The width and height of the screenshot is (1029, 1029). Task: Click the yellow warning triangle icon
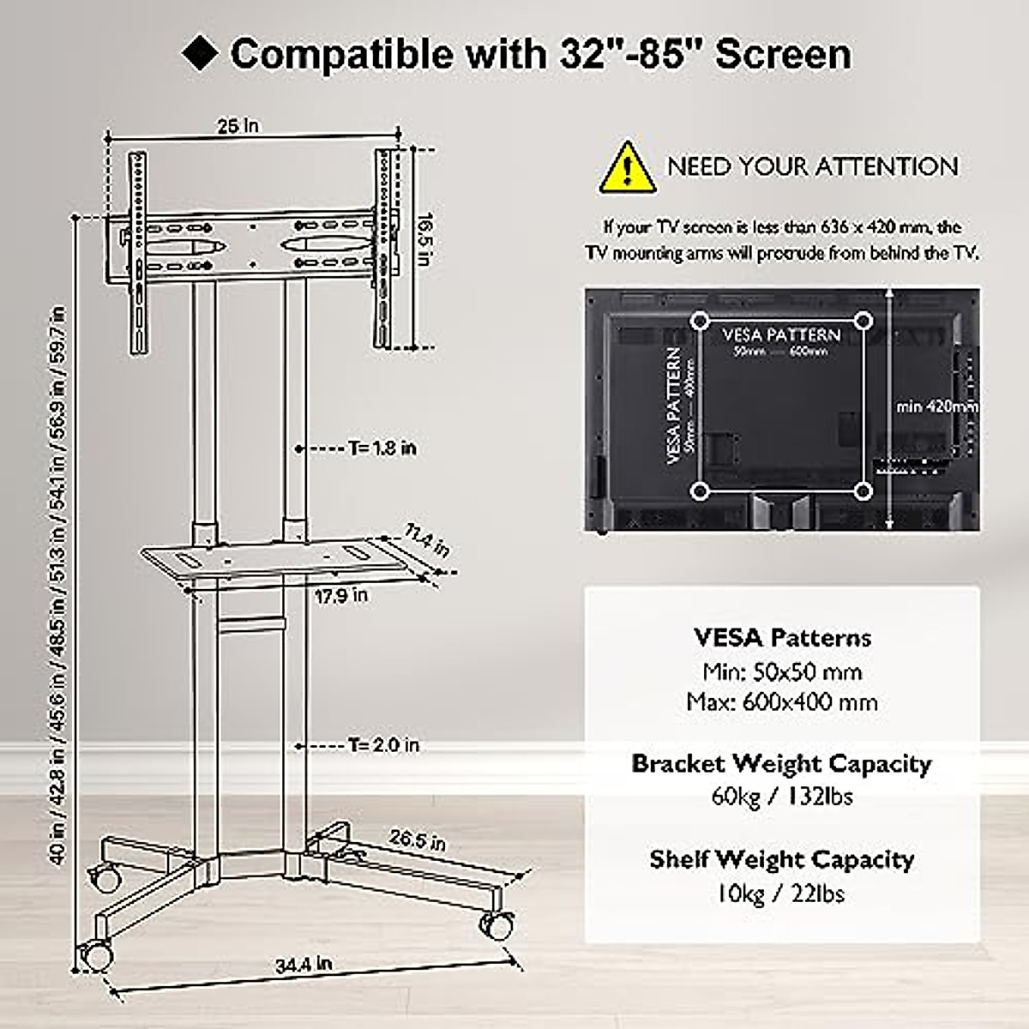click(x=628, y=167)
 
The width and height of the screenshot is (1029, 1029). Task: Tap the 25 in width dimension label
click(x=238, y=126)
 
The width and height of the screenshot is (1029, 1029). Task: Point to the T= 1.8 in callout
click(x=382, y=448)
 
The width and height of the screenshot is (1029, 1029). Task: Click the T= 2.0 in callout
click(x=383, y=745)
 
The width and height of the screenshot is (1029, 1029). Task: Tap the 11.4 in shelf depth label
click(x=425, y=543)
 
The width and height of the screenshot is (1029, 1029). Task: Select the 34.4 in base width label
click(x=304, y=964)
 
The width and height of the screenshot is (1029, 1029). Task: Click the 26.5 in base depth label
click(x=417, y=840)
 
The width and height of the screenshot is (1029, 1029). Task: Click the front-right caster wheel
click(x=496, y=924)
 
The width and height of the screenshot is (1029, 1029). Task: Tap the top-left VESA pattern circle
click(x=701, y=321)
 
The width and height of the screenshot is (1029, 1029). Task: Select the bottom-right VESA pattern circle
click(x=864, y=490)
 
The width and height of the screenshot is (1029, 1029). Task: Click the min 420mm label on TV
click(x=936, y=406)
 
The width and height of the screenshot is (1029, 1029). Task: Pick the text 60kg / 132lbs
click(x=782, y=797)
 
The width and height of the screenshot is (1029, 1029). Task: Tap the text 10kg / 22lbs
click(x=781, y=894)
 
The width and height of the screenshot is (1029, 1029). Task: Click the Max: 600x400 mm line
click(x=782, y=703)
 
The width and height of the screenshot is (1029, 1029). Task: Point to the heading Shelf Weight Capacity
click(x=782, y=859)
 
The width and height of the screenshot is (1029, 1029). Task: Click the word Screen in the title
click(x=784, y=54)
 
